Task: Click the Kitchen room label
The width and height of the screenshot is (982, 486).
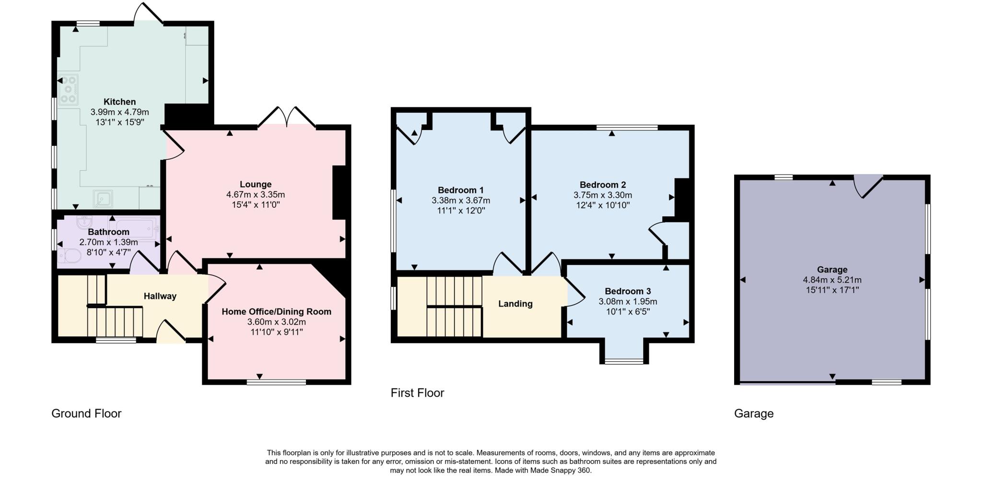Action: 119,102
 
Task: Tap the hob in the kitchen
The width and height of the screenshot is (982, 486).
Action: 68,89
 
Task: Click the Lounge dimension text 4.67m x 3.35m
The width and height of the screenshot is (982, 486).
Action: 256,195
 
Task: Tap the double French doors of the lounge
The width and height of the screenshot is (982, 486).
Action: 287,118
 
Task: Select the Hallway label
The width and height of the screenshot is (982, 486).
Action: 160,296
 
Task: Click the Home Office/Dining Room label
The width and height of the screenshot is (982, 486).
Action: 276,311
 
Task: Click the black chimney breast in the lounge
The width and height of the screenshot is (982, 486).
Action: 339,192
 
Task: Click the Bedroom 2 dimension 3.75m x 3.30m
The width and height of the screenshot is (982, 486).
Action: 603,195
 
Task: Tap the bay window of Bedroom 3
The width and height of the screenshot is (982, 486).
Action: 624,361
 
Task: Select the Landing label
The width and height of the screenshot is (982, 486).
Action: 515,304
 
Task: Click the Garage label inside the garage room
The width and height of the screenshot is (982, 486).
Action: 832,270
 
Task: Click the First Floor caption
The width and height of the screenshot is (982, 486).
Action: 417,393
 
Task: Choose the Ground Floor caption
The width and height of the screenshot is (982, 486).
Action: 86,414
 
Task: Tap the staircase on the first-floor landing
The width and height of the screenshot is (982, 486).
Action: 454,306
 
